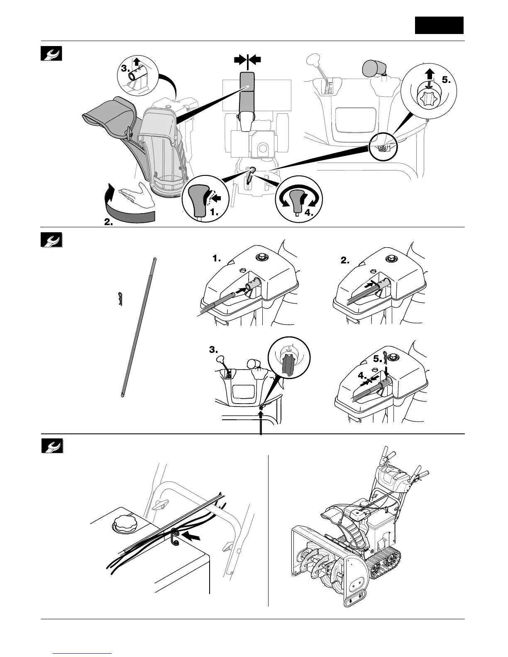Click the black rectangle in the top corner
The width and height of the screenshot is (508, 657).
439,25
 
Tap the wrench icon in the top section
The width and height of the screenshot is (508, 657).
51,53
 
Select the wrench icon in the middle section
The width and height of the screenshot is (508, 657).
51,240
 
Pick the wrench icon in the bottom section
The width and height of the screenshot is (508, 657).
52,445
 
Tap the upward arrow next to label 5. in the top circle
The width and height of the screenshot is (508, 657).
429,76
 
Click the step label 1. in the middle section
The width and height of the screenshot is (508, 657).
217,258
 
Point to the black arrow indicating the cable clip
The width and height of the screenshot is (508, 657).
193,537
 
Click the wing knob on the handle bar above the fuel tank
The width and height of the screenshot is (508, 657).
160,504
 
